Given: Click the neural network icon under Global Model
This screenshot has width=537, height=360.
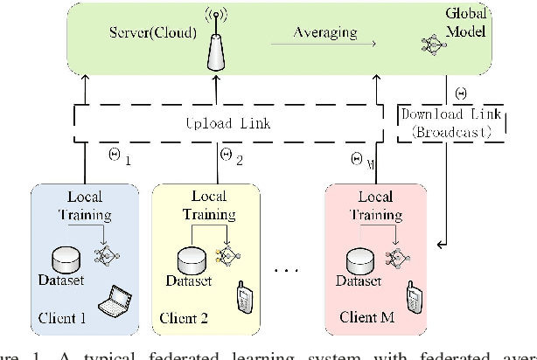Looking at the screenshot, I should [435, 45].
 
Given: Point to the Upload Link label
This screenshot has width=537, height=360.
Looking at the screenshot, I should [227, 124].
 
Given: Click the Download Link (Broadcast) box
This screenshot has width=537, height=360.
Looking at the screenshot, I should [452, 124].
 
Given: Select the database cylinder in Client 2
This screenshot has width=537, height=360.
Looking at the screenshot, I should [190, 260].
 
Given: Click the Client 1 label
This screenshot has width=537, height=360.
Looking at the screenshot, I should [62, 318].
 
